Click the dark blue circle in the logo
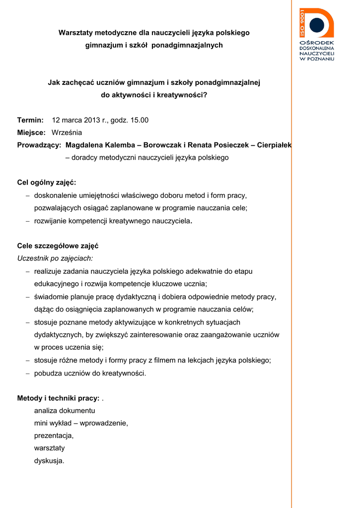(x=316, y=25)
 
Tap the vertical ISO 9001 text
(x=302, y=23)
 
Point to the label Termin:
(x=31, y=120)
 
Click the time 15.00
(x=139, y=120)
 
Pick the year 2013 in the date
(x=92, y=120)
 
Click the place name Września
(x=67, y=132)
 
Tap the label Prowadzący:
(x=39, y=145)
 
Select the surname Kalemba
(x=119, y=145)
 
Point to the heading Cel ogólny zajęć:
(x=47, y=183)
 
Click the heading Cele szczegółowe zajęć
(x=58, y=246)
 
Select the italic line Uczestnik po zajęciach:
(x=55, y=258)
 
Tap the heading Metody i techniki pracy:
(x=58, y=398)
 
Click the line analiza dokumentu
(x=65, y=411)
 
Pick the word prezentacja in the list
(x=53, y=436)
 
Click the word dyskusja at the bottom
(x=49, y=461)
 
